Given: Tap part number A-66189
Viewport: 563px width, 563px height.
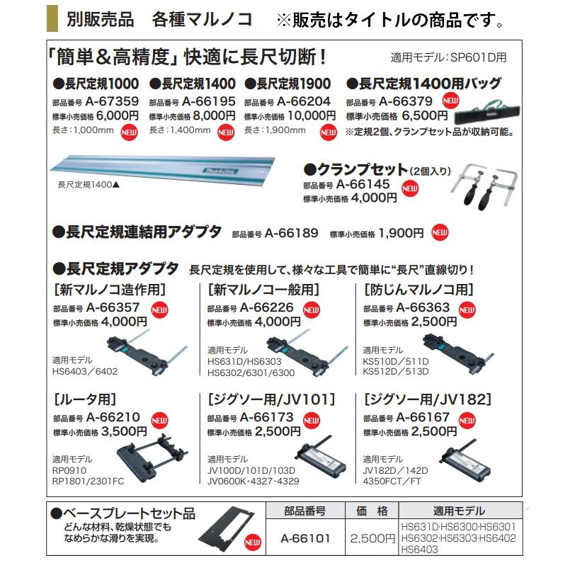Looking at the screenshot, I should click(292, 232).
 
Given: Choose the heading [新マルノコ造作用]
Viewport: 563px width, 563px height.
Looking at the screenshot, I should click(110, 290).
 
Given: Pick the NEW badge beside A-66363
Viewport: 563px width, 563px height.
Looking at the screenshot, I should click(467, 309).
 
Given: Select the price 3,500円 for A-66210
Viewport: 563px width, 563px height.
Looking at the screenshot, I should click(124, 431).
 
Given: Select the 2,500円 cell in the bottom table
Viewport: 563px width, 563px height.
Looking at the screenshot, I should click(372, 538).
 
